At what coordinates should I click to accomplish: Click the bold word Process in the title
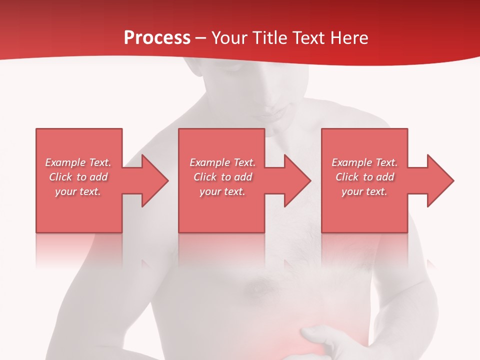point(157,38)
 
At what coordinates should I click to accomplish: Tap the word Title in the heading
point(270,38)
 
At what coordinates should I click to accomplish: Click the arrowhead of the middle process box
point(297,180)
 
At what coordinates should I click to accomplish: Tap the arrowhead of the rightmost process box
point(440,180)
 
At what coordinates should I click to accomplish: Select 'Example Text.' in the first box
point(78,162)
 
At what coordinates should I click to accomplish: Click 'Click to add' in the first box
point(78,177)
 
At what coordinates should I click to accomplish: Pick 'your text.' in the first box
point(78,191)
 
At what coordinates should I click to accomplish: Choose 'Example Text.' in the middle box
point(222,162)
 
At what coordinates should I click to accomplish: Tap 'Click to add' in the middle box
point(222,177)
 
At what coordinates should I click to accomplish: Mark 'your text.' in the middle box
point(222,191)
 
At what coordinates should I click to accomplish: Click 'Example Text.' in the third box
point(364,162)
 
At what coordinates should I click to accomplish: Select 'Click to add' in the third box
point(364,177)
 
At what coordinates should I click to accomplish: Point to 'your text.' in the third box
point(364,191)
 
